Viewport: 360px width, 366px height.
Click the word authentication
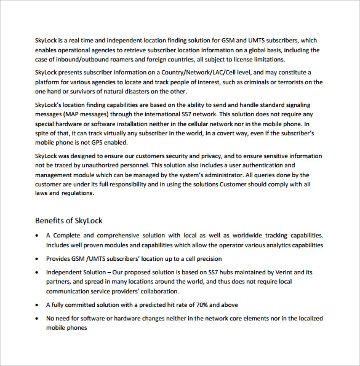258,165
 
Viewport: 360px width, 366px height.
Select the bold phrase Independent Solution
75,272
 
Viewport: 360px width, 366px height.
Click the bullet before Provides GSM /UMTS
38,259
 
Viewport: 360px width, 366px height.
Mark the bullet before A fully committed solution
38,305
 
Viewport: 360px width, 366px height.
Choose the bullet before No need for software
38,319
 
